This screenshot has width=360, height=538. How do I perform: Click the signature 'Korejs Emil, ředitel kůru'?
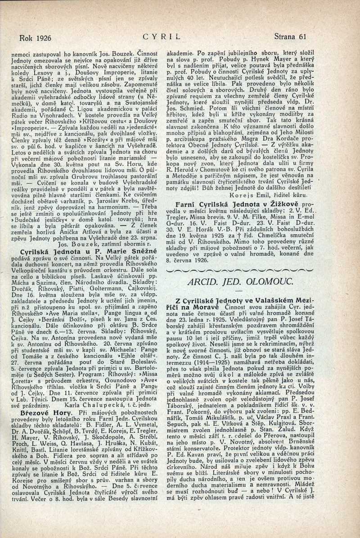tap(269, 196)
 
